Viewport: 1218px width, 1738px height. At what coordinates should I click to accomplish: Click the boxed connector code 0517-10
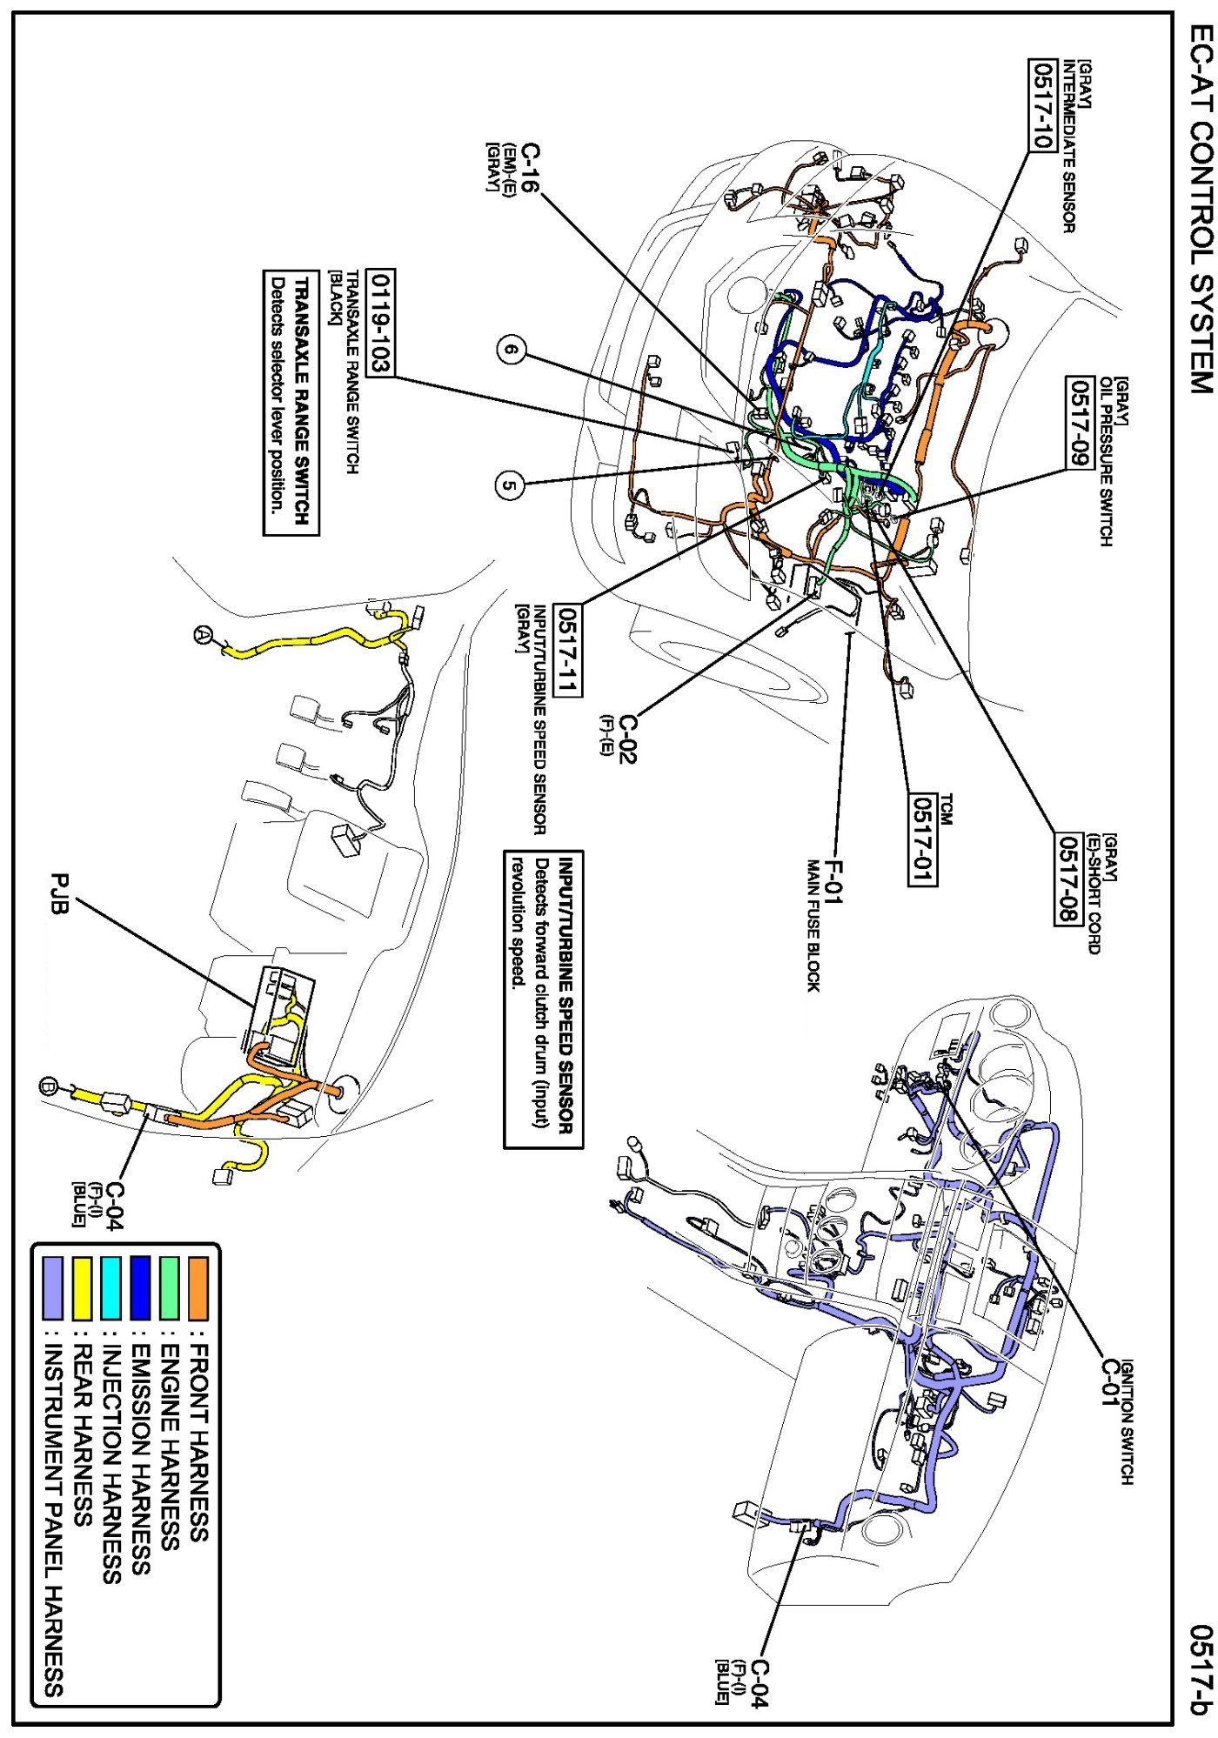click(x=1042, y=104)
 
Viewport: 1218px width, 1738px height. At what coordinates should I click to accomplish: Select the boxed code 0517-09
click(x=1080, y=422)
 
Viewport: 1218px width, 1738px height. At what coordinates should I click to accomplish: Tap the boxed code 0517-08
click(x=1068, y=879)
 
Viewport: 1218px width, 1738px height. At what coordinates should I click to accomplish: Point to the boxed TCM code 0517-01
click(x=922, y=839)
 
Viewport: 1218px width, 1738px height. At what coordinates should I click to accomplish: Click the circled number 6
click(x=512, y=351)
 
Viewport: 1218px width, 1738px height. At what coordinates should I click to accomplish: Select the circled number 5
click(x=510, y=485)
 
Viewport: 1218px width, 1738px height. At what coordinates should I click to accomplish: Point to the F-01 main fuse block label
click(x=833, y=880)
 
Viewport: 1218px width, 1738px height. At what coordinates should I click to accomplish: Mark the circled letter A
click(x=202, y=635)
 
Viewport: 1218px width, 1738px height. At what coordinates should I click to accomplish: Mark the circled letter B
click(x=49, y=1086)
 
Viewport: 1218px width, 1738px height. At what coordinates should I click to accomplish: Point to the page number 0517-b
click(x=1201, y=1668)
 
